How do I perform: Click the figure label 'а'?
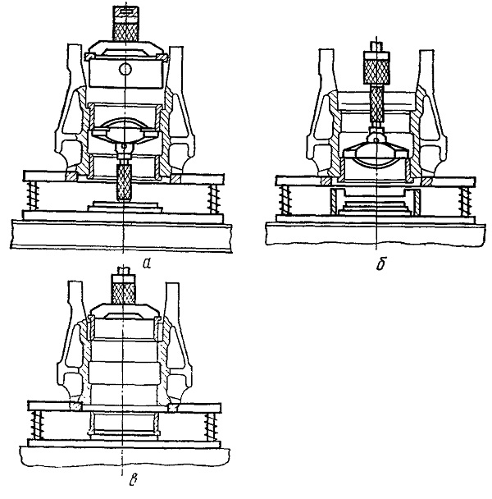(147, 263)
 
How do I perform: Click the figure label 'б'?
(380, 263)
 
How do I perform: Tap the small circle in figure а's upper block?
(125, 69)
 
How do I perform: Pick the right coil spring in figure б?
(465, 202)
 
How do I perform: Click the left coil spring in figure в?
(38, 425)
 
